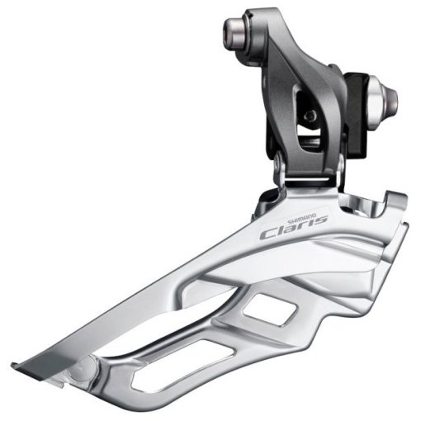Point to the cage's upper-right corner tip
(404, 198)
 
